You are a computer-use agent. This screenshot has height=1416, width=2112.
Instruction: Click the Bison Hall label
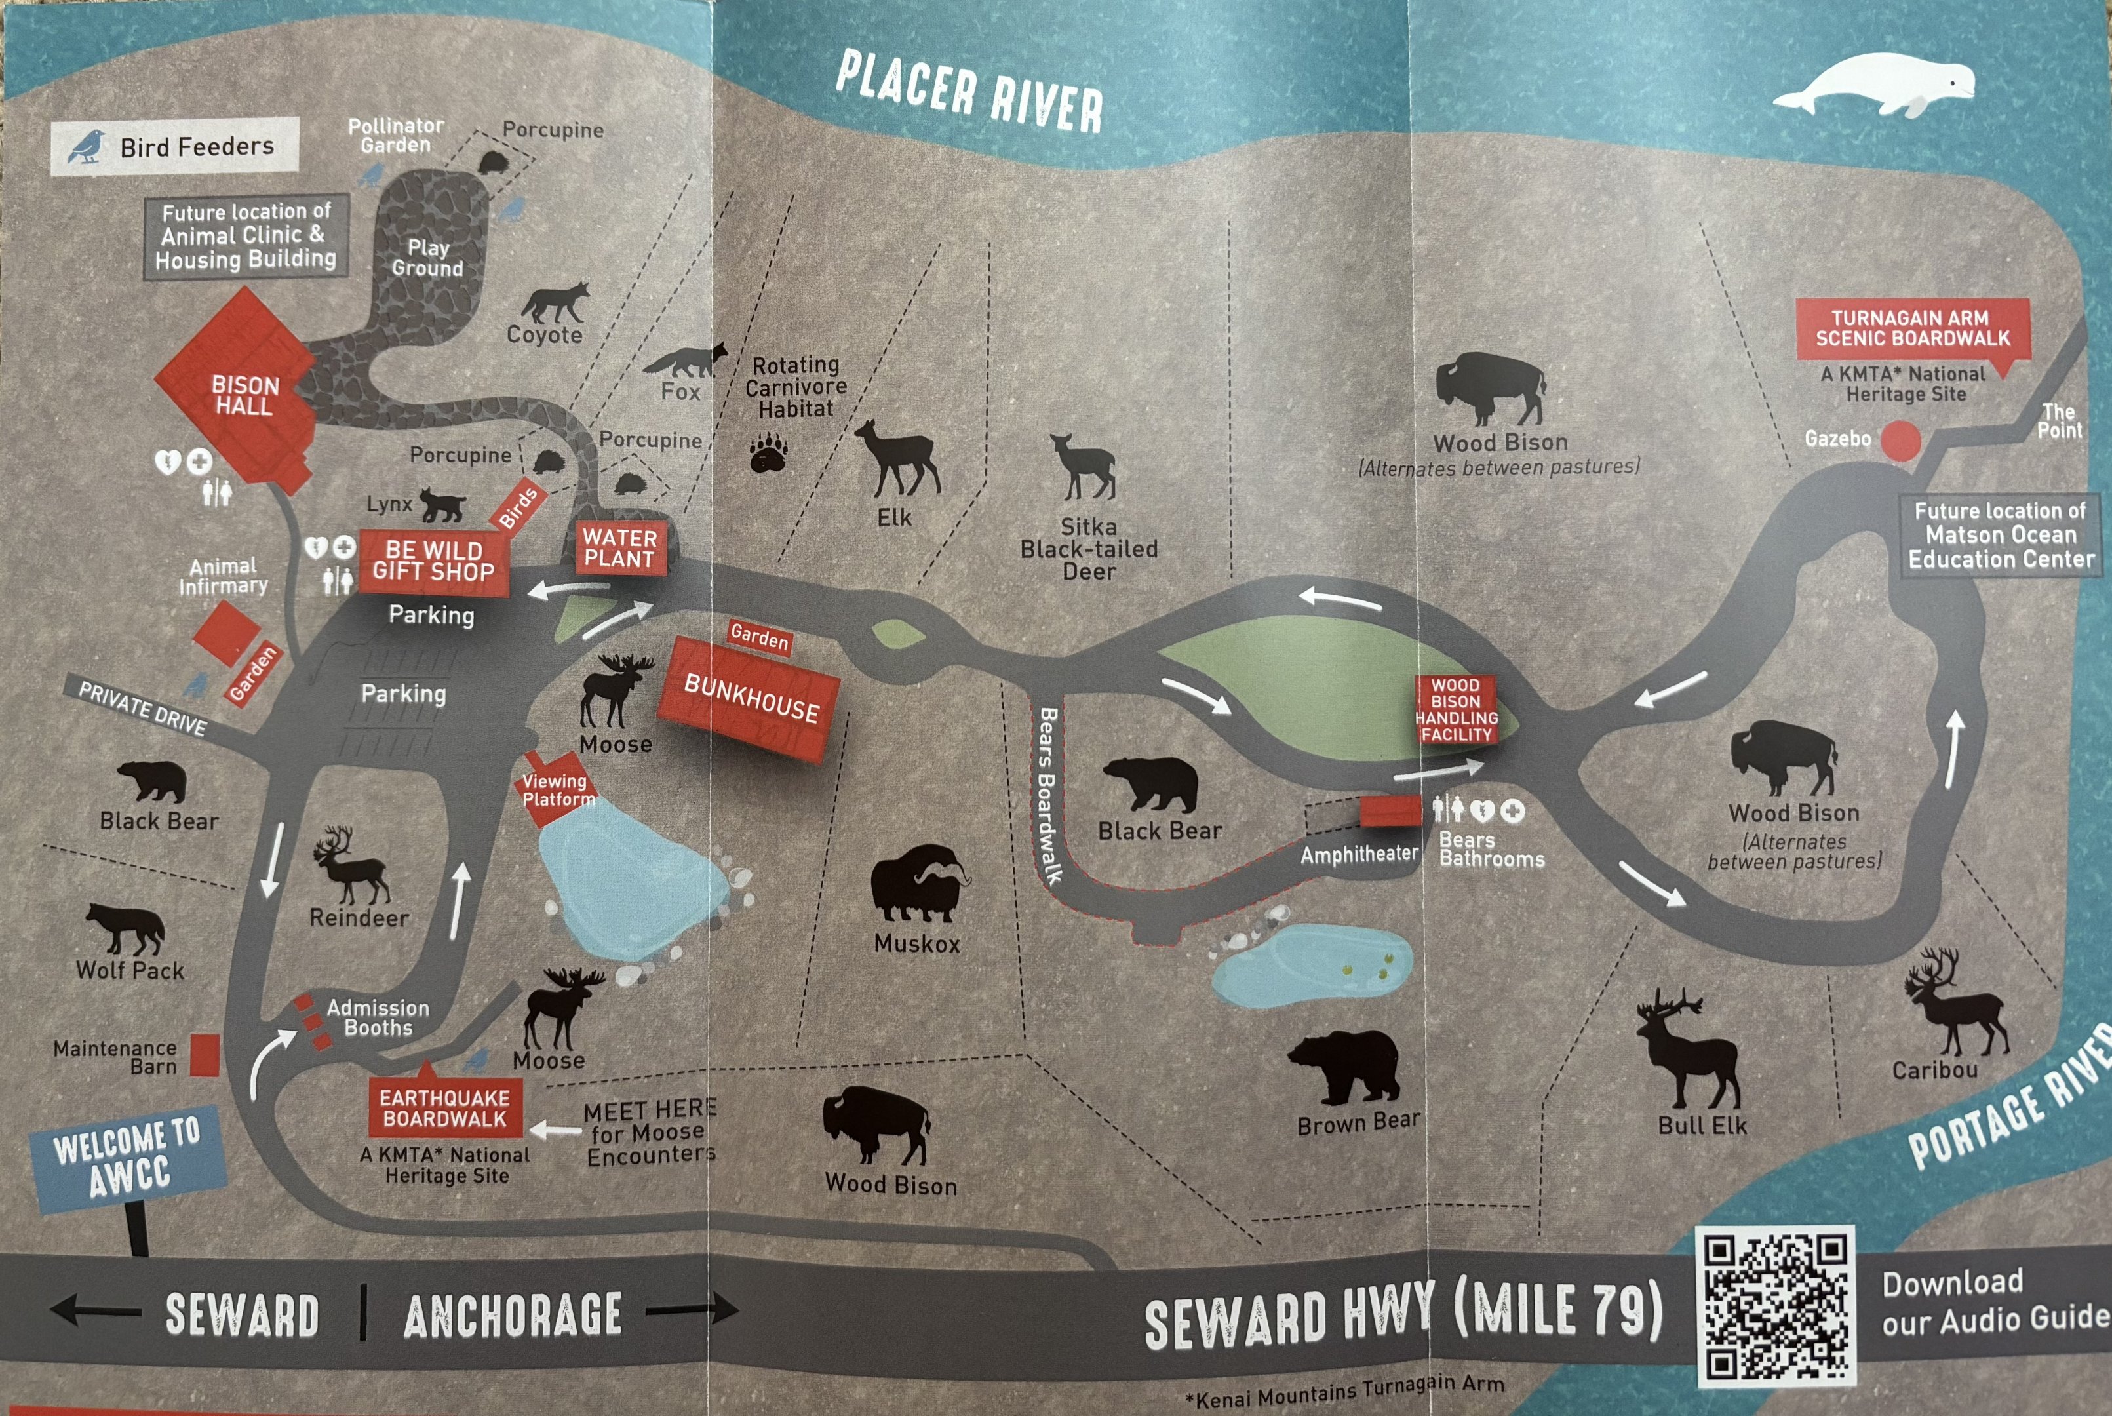(244, 395)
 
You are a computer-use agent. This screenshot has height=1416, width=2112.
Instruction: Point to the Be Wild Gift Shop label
(433, 560)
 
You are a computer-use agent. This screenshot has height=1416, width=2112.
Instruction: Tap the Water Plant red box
(619, 548)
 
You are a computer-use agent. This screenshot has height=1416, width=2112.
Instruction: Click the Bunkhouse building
(749, 700)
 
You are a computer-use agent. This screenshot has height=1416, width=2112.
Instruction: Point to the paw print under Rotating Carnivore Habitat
(768, 452)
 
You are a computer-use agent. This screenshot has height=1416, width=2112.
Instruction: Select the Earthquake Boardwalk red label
(444, 1108)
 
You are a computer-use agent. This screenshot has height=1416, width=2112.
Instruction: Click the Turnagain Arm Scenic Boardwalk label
(1911, 328)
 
